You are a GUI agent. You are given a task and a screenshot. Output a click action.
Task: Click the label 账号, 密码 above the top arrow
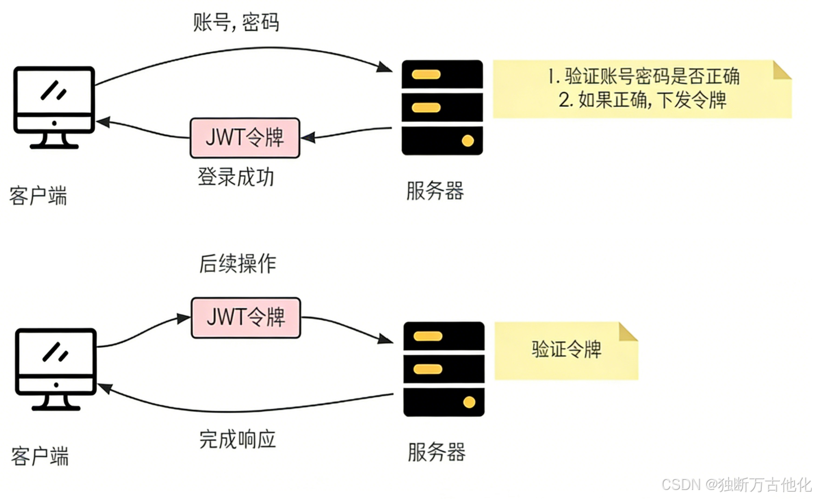pyautogui.click(x=236, y=23)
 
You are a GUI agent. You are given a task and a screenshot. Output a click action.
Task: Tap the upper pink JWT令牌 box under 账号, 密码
pyautogui.click(x=245, y=138)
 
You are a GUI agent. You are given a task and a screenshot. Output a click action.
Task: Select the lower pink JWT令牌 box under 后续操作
pyautogui.click(x=246, y=317)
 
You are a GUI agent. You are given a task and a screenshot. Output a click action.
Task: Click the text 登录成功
pyautogui.click(x=236, y=177)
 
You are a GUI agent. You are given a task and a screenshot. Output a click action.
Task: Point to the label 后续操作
pyautogui.click(x=238, y=263)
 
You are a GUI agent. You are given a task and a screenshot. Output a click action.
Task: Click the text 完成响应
pyautogui.click(x=238, y=439)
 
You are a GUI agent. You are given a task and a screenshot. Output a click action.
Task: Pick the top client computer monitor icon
pyautogui.click(x=54, y=107)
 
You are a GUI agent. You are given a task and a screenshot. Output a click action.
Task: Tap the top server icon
pyautogui.click(x=442, y=107)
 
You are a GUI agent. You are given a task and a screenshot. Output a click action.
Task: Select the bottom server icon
pyautogui.click(x=444, y=369)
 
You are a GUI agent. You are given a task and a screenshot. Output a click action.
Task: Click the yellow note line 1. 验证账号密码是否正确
pyautogui.click(x=643, y=76)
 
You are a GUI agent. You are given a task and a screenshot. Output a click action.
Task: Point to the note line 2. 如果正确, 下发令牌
pyautogui.click(x=642, y=100)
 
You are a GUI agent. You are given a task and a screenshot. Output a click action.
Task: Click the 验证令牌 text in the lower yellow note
pyautogui.click(x=566, y=349)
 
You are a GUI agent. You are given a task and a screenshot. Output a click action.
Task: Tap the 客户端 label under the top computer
pyautogui.click(x=38, y=196)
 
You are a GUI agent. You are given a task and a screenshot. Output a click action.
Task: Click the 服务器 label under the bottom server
pyautogui.click(x=437, y=452)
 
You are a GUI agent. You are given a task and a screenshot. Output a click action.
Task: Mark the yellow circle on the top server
pyautogui.click(x=468, y=140)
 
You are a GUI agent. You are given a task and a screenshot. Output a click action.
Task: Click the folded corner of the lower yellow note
pyautogui.click(x=627, y=332)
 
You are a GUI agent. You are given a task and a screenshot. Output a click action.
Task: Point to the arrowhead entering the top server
pyautogui.click(x=386, y=68)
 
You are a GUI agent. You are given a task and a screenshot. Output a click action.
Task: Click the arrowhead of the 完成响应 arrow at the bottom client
pyautogui.click(x=105, y=388)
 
